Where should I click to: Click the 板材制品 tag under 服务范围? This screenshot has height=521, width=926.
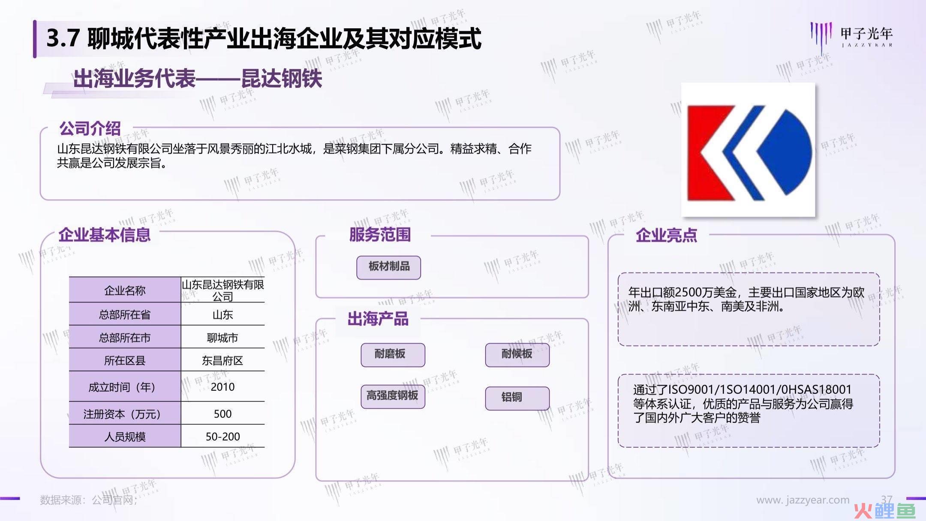pos(388,267)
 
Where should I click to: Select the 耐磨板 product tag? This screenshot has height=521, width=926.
pos(393,355)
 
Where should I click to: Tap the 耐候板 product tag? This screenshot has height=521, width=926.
pos(517,355)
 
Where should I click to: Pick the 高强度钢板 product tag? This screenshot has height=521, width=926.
pos(393,396)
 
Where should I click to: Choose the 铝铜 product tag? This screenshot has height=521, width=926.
pos(517,398)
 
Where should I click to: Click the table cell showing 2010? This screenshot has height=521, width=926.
pos(222,387)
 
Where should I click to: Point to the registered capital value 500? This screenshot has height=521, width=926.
pos(222,414)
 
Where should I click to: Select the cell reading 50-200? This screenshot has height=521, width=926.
pos(222,437)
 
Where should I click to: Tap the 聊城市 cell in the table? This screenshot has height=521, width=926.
pos(222,338)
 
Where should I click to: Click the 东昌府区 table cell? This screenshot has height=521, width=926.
pos(222,360)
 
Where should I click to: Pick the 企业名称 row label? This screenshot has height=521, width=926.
pos(125,290)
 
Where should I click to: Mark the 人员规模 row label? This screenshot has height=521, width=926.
pos(125,437)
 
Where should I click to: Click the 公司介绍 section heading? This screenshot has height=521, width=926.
pos(90,128)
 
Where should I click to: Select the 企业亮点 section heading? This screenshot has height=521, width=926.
pos(666,235)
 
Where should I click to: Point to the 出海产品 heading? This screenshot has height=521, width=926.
pos(378,319)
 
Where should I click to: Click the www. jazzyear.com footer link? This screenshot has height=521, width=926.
pos(803,500)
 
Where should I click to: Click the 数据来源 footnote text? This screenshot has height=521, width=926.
pos(89,500)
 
